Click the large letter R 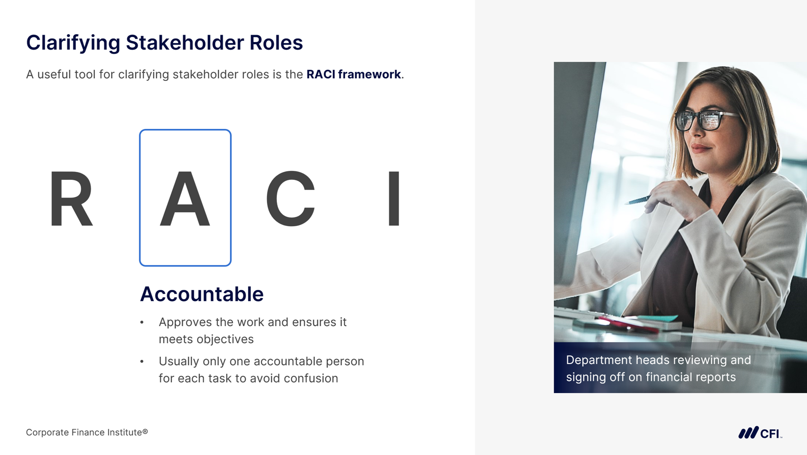(x=71, y=198)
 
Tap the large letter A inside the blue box (x=185, y=198)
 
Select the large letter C (x=291, y=198)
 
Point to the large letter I (x=394, y=198)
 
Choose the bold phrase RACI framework (x=354, y=74)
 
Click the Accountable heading (x=202, y=294)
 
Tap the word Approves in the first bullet (x=185, y=323)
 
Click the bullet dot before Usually (x=142, y=361)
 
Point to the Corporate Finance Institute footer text (x=87, y=432)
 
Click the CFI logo (x=760, y=433)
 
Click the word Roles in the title (x=276, y=43)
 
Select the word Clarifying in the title (x=73, y=43)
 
